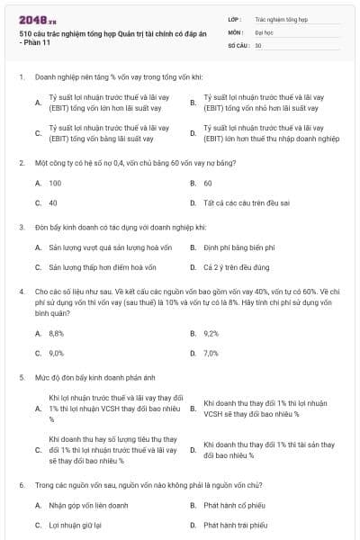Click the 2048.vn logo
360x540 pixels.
click(x=31, y=19)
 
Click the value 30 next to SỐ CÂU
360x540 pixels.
click(x=258, y=44)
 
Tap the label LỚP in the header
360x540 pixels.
click(x=234, y=18)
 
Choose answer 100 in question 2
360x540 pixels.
click(x=55, y=183)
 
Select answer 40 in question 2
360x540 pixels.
click(x=53, y=202)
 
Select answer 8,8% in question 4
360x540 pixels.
click(x=56, y=333)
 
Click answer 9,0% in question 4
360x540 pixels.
click(x=56, y=353)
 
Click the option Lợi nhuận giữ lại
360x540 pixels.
click(x=75, y=525)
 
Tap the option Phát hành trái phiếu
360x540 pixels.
click(x=236, y=525)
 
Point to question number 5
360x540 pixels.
click(x=21, y=379)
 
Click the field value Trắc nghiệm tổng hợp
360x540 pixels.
click(x=282, y=18)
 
